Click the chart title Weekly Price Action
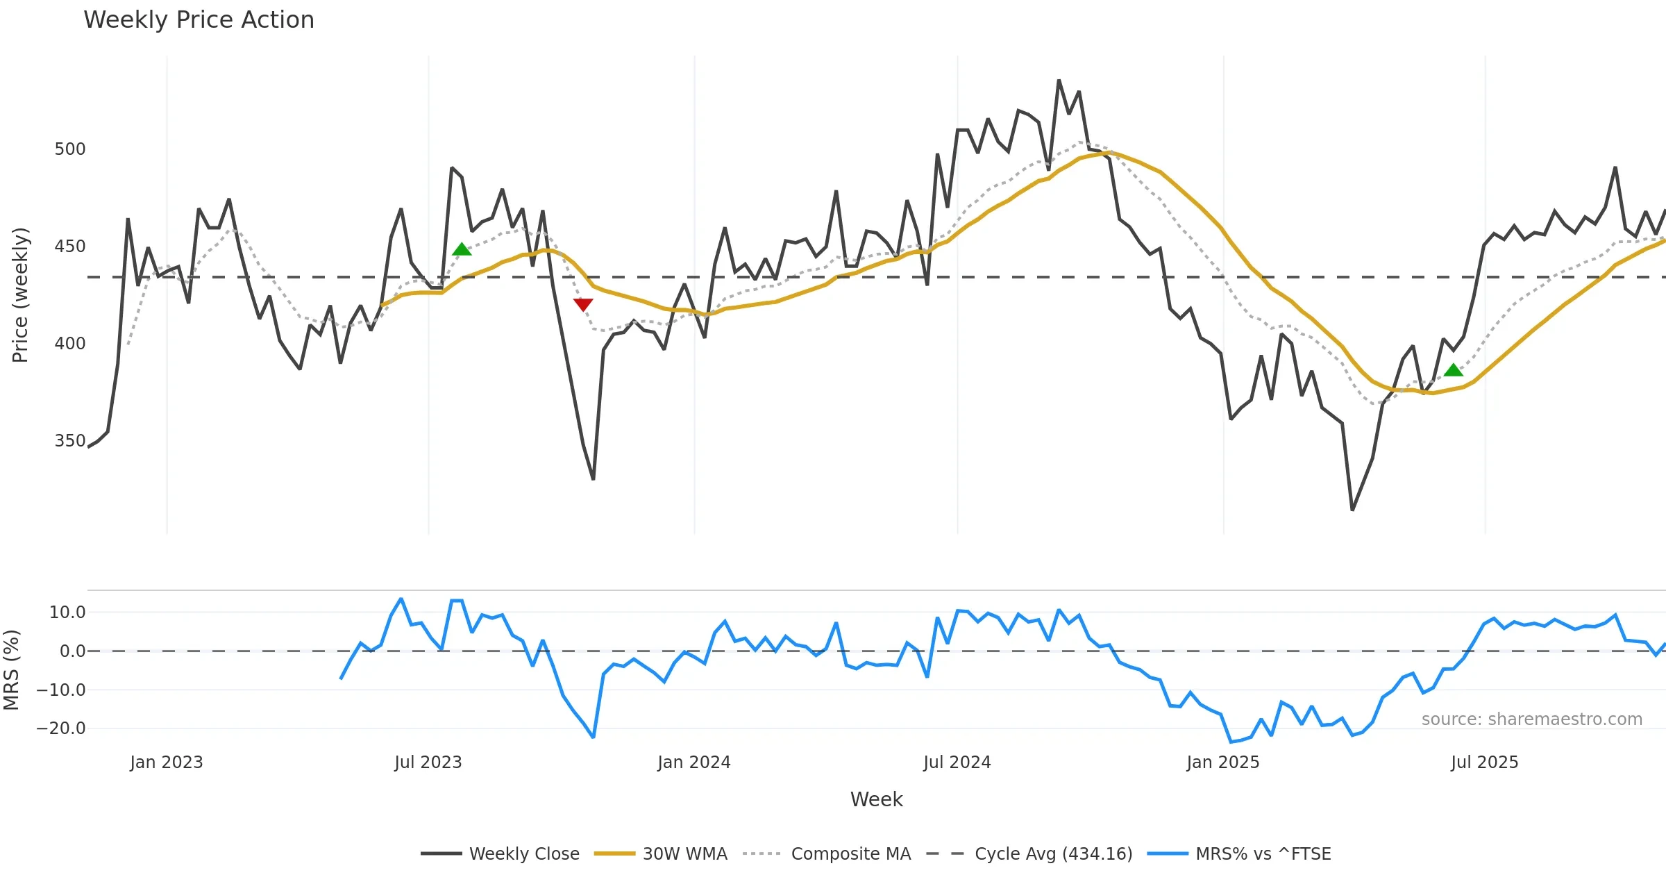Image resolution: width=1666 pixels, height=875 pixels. (x=199, y=20)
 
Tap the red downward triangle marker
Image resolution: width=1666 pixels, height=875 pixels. (x=583, y=304)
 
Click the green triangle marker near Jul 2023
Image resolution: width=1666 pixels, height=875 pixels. (x=462, y=249)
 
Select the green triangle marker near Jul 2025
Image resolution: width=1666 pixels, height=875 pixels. (x=1454, y=370)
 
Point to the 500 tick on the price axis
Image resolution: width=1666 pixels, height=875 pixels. (x=70, y=149)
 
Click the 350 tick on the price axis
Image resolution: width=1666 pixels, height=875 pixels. (x=70, y=441)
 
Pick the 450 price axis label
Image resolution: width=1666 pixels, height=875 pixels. (x=70, y=247)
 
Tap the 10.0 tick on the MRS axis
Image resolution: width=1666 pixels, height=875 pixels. (x=67, y=612)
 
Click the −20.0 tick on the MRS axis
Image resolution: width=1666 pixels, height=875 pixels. (x=61, y=728)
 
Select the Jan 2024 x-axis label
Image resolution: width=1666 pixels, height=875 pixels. (x=694, y=762)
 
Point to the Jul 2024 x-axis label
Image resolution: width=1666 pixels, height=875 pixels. (x=957, y=762)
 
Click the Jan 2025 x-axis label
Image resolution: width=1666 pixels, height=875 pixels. (x=1223, y=762)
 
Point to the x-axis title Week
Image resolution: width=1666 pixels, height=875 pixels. (x=877, y=800)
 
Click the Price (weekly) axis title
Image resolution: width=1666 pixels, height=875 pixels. (x=21, y=295)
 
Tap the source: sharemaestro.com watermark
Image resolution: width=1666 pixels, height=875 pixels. (x=1531, y=719)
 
